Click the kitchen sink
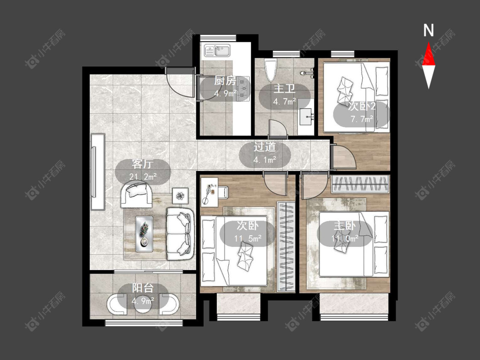(x=217, y=50)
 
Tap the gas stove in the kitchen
(x=243, y=89)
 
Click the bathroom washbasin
(x=305, y=116)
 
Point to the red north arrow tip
(x=428, y=42)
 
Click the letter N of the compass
(x=428, y=30)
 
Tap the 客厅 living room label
(x=143, y=164)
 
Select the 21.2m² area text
(x=143, y=177)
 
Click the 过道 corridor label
(x=265, y=147)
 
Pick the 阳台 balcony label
(x=143, y=288)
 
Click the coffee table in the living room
(x=144, y=234)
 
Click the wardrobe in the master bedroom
(x=360, y=184)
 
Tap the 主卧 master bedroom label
(x=344, y=226)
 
